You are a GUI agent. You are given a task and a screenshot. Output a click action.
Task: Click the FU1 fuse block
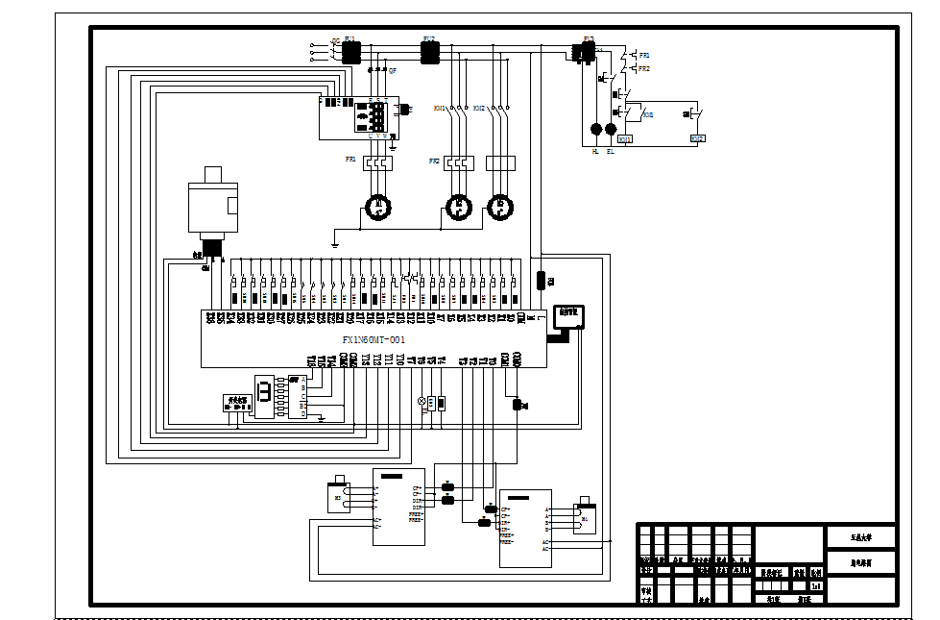350,52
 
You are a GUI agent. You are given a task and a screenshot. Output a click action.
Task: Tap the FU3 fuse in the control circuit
582,52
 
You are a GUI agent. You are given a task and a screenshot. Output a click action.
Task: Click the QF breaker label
393,70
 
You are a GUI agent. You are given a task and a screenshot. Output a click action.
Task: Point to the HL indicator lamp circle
595,129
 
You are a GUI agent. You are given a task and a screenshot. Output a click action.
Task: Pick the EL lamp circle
611,129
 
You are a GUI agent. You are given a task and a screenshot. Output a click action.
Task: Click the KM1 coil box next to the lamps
625,140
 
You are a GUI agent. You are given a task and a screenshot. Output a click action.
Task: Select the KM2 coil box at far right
697,139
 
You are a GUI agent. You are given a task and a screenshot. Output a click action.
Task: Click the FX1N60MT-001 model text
374,340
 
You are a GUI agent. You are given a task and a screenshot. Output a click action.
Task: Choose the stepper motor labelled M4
585,519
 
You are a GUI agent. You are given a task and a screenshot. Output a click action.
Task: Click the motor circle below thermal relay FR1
378,208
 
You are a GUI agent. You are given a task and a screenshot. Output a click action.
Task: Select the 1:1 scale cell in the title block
816,585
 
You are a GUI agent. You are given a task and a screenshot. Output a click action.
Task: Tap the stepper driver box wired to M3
398,508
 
